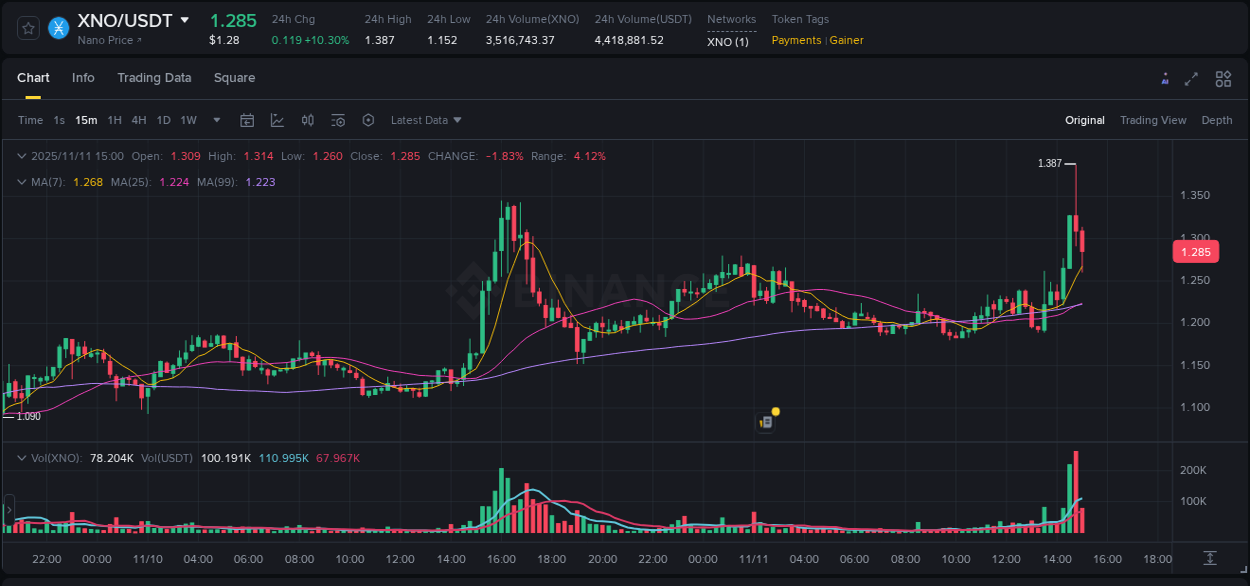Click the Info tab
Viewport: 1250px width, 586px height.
(83, 78)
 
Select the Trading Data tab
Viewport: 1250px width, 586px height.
(154, 78)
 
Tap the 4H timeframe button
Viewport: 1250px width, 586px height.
(139, 120)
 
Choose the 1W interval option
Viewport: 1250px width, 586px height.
(188, 120)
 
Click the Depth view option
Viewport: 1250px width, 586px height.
(1216, 120)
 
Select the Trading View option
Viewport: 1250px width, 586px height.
(1152, 120)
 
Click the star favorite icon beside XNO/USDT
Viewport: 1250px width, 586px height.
(29, 28)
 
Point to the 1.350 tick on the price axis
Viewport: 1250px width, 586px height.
(1195, 196)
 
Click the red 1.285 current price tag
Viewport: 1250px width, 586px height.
(1195, 252)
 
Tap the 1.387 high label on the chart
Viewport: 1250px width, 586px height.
(1049, 163)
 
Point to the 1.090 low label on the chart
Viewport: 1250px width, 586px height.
(29, 416)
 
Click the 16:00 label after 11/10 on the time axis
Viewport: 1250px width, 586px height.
(501, 559)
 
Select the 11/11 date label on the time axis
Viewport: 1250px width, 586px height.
(753, 559)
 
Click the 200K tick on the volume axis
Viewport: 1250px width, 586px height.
(1193, 470)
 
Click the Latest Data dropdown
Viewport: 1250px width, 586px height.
(426, 120)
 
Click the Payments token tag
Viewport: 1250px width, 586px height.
(796, 40)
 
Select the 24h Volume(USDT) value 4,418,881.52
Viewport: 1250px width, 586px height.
(629, 40)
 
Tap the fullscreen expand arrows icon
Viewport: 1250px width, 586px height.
(1191, 79)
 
